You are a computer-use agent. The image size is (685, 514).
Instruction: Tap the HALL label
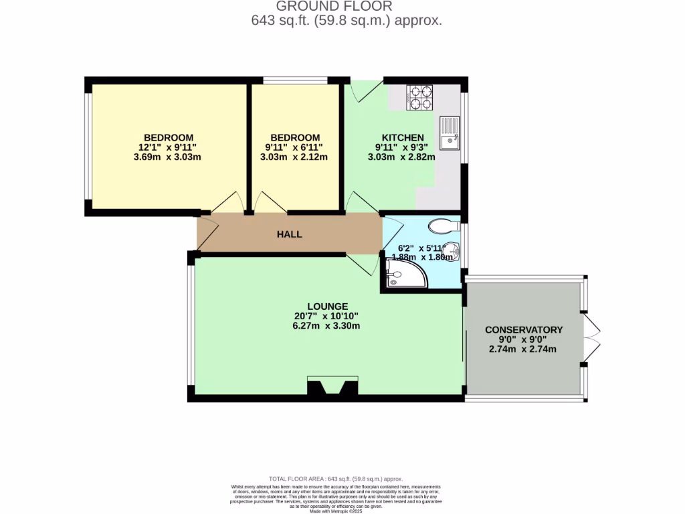coord(290,234)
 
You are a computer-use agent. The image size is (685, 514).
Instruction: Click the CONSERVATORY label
coord(524,329)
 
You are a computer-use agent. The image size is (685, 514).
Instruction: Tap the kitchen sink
coord(449,133)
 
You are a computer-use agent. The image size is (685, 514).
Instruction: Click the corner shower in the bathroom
coord(404,274)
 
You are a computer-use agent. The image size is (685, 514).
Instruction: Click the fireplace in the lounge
coord(331,388)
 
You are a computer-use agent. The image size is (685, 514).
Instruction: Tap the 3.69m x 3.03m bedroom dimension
coord(167,157)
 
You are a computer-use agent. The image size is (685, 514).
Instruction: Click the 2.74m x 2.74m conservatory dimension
coord(524,349)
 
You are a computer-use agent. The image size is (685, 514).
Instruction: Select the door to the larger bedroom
coord(228,201)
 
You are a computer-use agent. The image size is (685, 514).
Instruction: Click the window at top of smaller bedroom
coord(295,80)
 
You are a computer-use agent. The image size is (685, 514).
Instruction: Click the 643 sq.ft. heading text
coord(346,21)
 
